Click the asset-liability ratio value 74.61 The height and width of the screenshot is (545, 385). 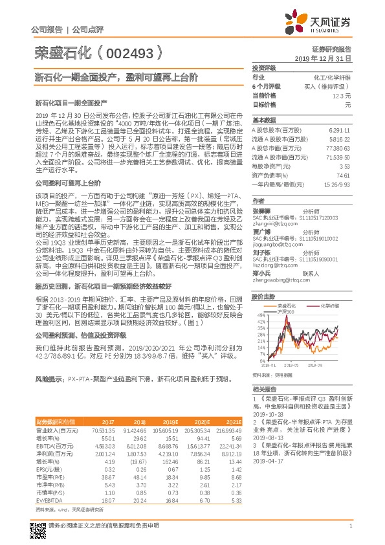342,175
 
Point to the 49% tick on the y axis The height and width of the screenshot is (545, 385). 260,315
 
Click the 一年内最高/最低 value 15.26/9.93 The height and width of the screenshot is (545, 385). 336,184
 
